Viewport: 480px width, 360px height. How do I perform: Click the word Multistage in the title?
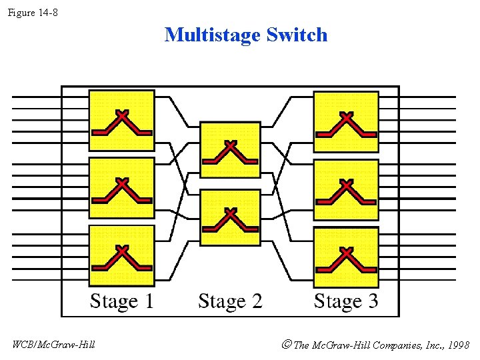213,35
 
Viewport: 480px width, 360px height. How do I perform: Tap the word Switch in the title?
297,35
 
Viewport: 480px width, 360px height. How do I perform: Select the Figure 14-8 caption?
33,11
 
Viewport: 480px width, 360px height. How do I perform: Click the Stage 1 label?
122,301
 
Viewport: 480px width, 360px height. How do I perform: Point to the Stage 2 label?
230,301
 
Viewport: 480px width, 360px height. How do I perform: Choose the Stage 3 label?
346,301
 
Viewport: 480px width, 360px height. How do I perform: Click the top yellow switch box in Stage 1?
122,121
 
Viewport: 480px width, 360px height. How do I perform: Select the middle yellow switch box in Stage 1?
122,189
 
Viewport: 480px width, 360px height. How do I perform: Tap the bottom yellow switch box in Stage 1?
122,256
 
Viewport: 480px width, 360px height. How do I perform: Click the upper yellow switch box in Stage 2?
230,150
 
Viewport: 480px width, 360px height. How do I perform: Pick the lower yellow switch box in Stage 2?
230,218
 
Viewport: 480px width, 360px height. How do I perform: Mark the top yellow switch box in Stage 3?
346,122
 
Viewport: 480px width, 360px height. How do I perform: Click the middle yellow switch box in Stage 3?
346,189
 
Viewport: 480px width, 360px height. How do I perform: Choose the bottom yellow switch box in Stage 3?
346,257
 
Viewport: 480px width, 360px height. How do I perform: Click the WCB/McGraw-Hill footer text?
54,345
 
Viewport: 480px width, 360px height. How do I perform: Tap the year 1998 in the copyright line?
459,345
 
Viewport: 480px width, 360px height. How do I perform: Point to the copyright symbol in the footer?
287,345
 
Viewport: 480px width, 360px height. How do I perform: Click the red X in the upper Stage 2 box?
231,145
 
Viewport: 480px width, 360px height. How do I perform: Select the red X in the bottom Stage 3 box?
346,252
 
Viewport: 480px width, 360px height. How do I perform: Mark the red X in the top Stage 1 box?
122,115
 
